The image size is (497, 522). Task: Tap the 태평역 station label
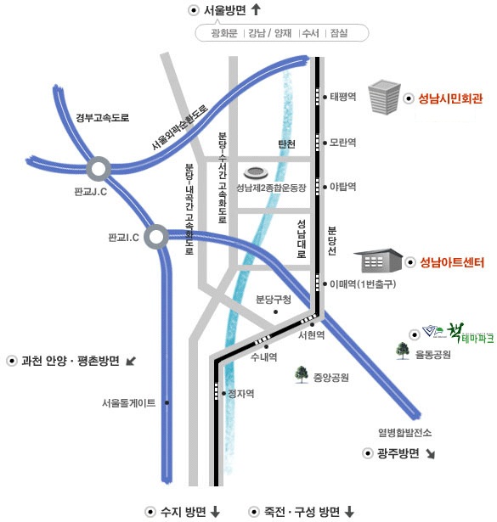click(342, 97)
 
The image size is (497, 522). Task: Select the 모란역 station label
click(342, 143)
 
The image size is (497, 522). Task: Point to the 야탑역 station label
click(342, 187)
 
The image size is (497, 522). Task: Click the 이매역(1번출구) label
click(363, 284)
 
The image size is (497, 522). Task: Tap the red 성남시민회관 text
click(450, 98)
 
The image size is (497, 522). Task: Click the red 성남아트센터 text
click(452, 262)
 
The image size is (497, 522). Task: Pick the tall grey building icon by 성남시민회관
click(384, 97)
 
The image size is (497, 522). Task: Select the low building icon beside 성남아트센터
click(378, 261)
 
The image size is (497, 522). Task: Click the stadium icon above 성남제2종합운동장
click(256, 173)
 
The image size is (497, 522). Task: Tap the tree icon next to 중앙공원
click(302, 374)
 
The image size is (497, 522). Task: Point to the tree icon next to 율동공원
click(403, 351)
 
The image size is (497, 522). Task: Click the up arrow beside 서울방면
click(256, 9)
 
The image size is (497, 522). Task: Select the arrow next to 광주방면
click(431, 454)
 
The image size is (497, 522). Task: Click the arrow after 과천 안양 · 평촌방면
click(131, 361)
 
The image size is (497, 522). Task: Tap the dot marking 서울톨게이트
click(167, 403)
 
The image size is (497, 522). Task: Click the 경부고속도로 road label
click(103, 117)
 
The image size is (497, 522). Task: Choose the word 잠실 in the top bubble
click(339, 33)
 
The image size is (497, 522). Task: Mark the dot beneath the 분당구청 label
click(275, 312)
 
